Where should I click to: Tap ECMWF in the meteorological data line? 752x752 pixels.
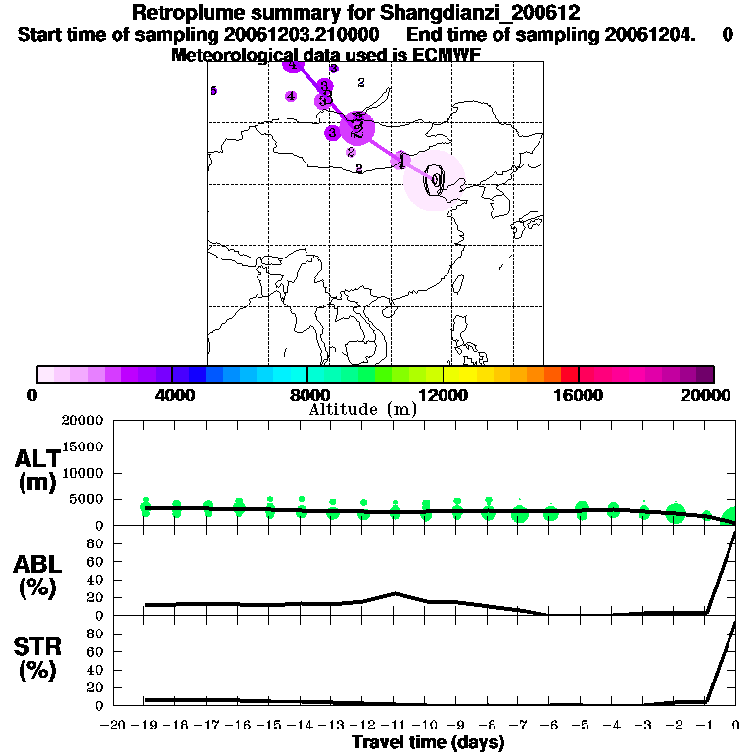click(x=446, y=55)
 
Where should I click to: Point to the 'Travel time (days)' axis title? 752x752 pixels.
click(x=428, y=742)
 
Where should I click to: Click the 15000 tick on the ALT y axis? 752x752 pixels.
click(x=82, y=446)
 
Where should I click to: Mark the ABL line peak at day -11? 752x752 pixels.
click(x=395, y=593)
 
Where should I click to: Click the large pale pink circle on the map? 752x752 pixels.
click(x=436, y=181)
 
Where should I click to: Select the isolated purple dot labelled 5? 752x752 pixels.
click(x=213, y=91)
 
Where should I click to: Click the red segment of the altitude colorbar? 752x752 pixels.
click(x=569, y=374)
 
